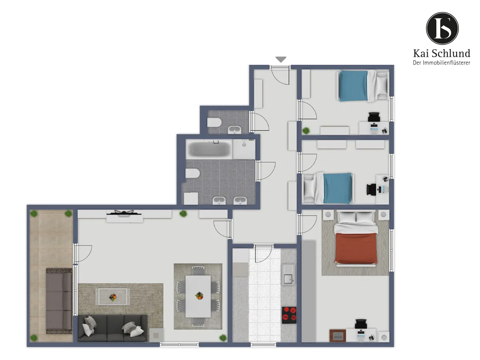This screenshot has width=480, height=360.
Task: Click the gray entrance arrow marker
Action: tap(281, 59)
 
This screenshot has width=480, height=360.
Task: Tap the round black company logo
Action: tap(442, 28)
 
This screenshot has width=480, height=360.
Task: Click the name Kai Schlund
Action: tap(442, 53)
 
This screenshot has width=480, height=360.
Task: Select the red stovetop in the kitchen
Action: tap(289, 315)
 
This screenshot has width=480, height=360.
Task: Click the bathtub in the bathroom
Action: tap(209, 149)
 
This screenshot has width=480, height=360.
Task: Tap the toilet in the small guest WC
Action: tap(214, 123)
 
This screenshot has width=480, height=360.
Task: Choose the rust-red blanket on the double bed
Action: tap(356, 248)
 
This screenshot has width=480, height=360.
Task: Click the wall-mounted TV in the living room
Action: tap(124, 213)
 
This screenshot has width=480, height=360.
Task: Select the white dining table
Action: tap(198, 296)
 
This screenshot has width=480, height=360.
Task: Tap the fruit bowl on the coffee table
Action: tap(113, 297)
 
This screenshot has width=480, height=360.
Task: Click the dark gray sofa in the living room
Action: tap(113, 328)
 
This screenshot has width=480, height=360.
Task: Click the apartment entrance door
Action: tap(280, 75)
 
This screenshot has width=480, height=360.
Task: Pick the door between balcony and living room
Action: tap(82, 254)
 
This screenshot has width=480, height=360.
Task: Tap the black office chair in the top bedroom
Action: tap(374, 117)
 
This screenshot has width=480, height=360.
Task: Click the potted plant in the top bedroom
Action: tap(306, 131)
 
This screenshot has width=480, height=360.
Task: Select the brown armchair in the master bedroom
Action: tap(338, 336)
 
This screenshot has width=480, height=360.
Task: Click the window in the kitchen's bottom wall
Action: tap(263, 345)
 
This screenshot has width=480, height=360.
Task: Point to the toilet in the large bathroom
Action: tap(193, 173)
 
